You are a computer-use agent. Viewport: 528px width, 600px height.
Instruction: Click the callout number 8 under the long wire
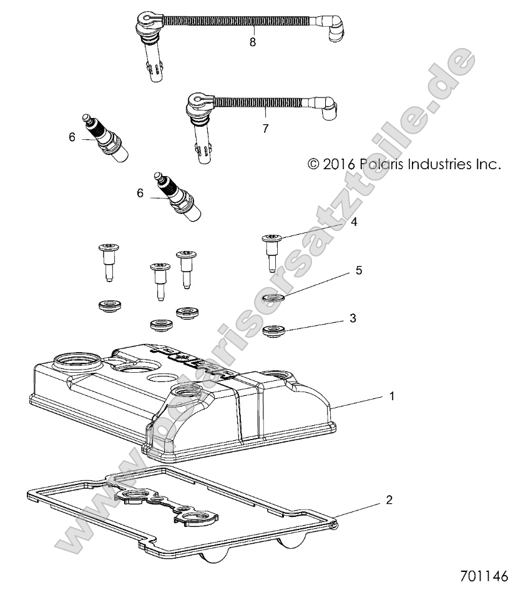[x=252, y=42]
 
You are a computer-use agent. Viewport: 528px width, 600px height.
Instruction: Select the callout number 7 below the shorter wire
[x=266, y=129]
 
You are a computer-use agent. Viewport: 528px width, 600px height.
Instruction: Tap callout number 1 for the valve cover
[x=391, y=396]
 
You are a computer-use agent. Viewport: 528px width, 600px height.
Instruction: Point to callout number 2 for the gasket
[x=389, y=500]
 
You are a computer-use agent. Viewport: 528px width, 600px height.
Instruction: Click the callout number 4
[x=354, y=222]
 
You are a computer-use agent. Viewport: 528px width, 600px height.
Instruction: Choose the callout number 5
[x=359, y=270]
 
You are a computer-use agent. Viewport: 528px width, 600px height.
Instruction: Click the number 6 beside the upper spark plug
[x=72, y=137]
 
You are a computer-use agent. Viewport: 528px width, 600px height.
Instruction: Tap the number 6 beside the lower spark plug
[x=140, y=194]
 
